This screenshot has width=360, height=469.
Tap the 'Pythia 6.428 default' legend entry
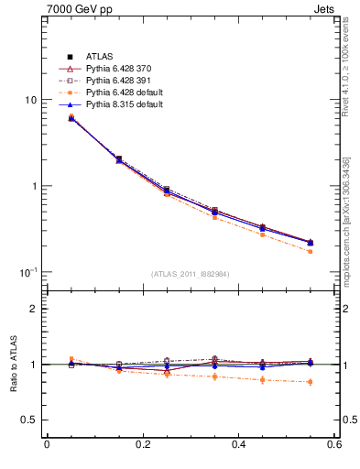point(124,93)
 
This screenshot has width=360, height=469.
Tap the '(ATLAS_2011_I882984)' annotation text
point(190,274)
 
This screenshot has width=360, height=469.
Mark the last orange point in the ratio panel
point(311,382)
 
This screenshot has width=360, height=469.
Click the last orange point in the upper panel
point(311,251)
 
